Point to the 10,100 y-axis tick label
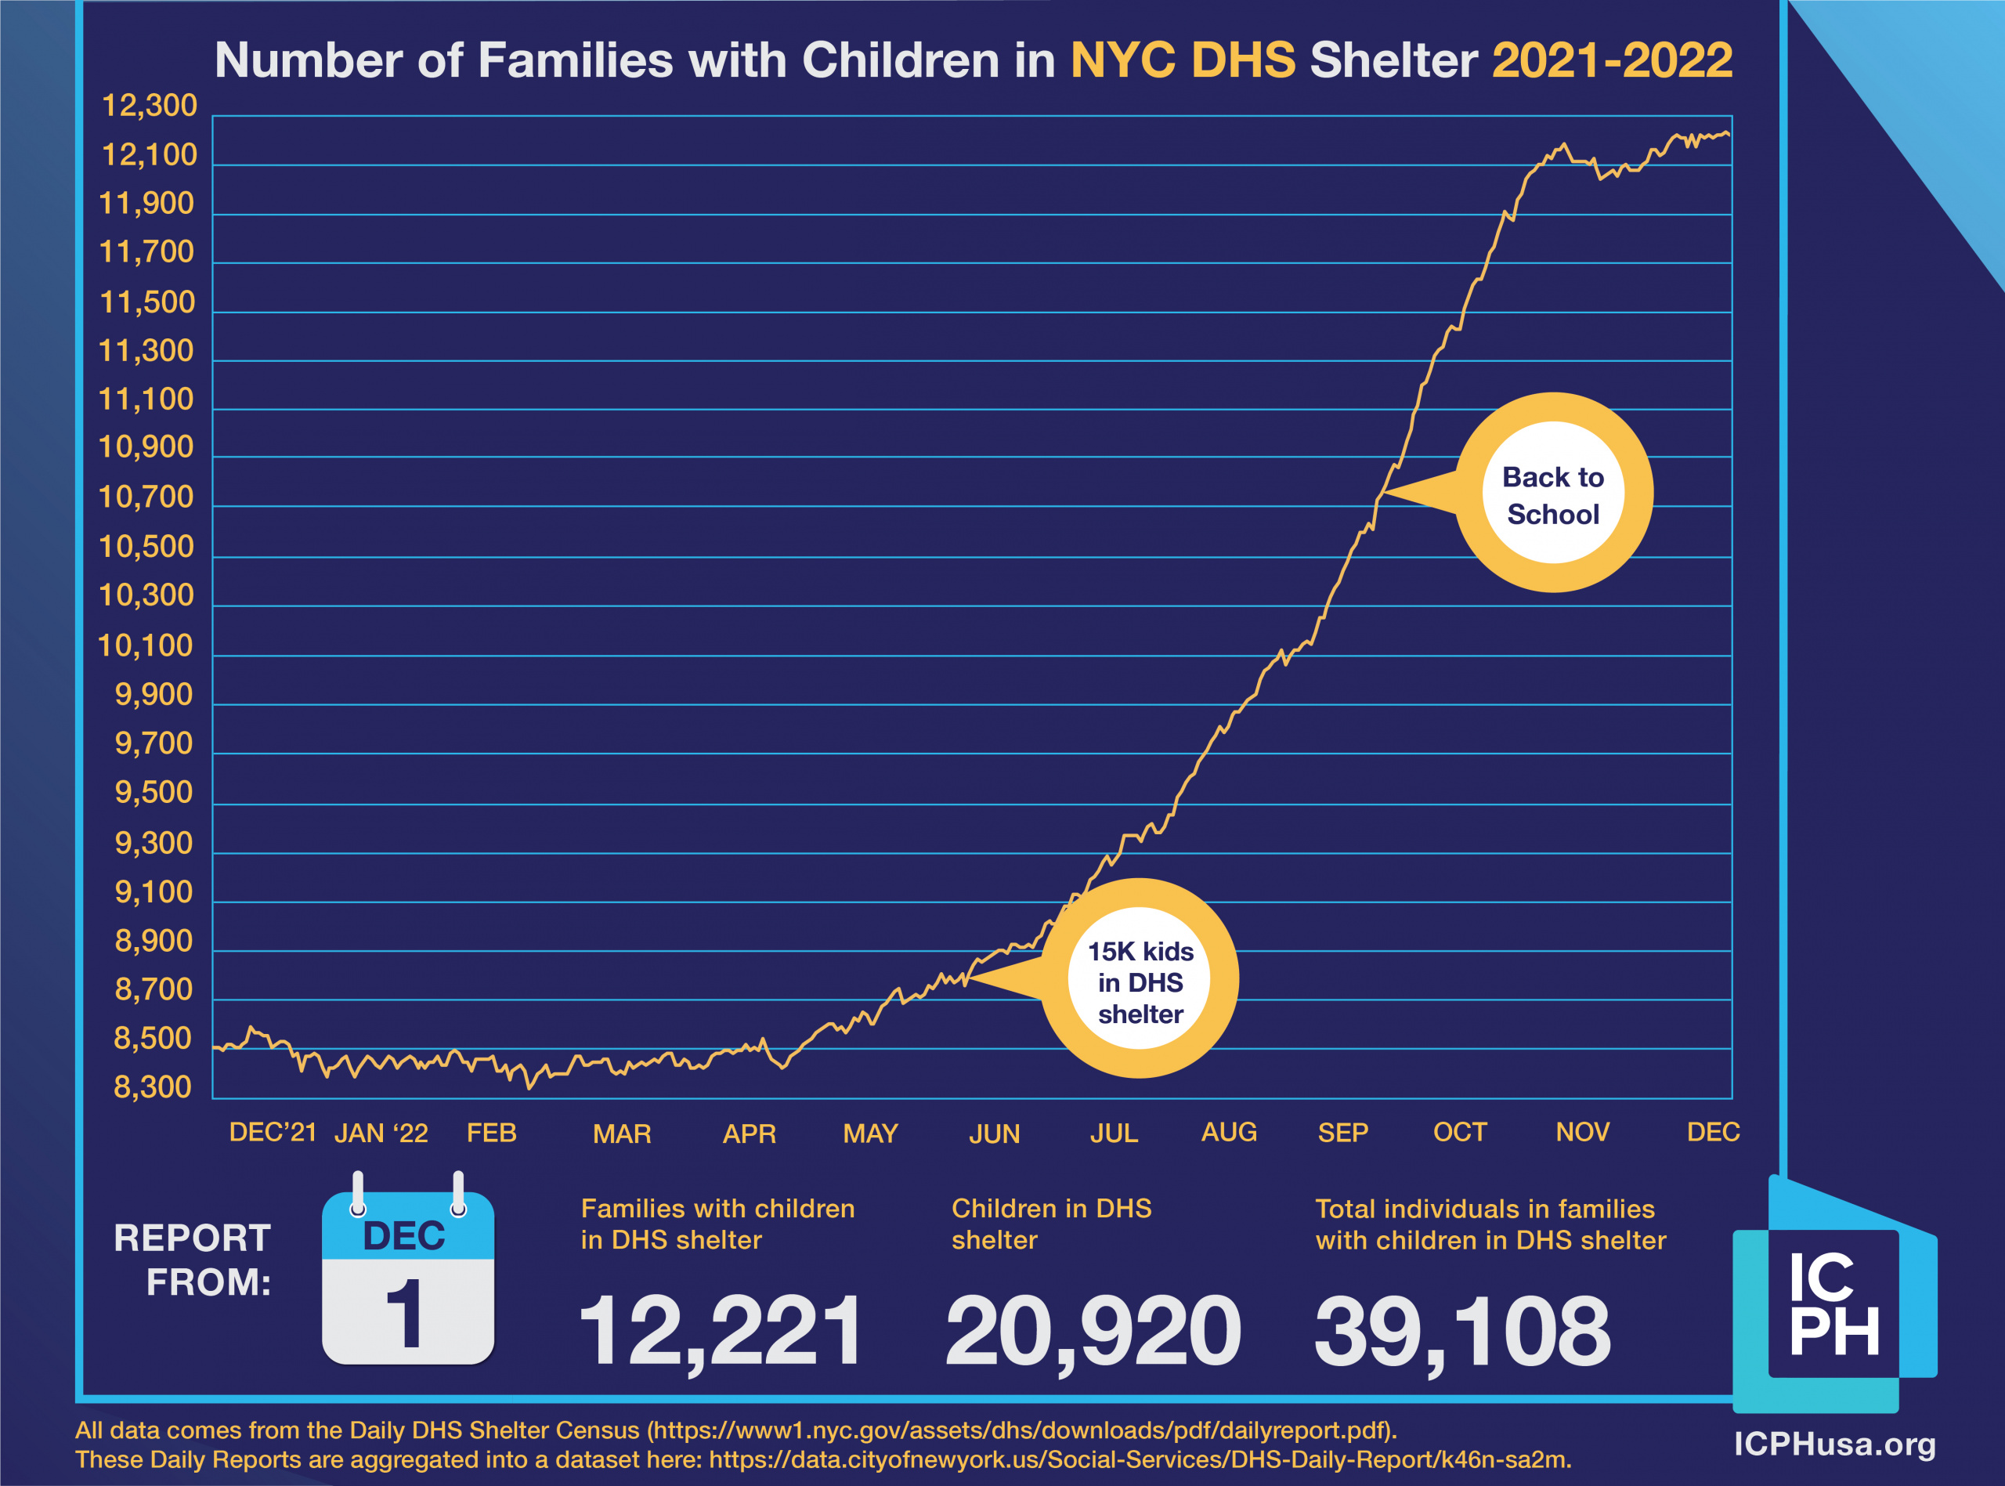146,645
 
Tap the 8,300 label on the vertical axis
153,1087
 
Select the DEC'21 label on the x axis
273,1133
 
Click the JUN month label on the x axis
995,1133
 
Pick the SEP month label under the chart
1342,1133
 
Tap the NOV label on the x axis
1582,1133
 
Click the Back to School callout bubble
1554,494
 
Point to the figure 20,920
1093,1330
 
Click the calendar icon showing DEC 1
408,1278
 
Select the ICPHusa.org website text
1835,1444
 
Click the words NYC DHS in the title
1183,61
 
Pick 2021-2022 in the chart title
1612,61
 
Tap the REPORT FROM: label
193,1260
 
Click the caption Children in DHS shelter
1051,1224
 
